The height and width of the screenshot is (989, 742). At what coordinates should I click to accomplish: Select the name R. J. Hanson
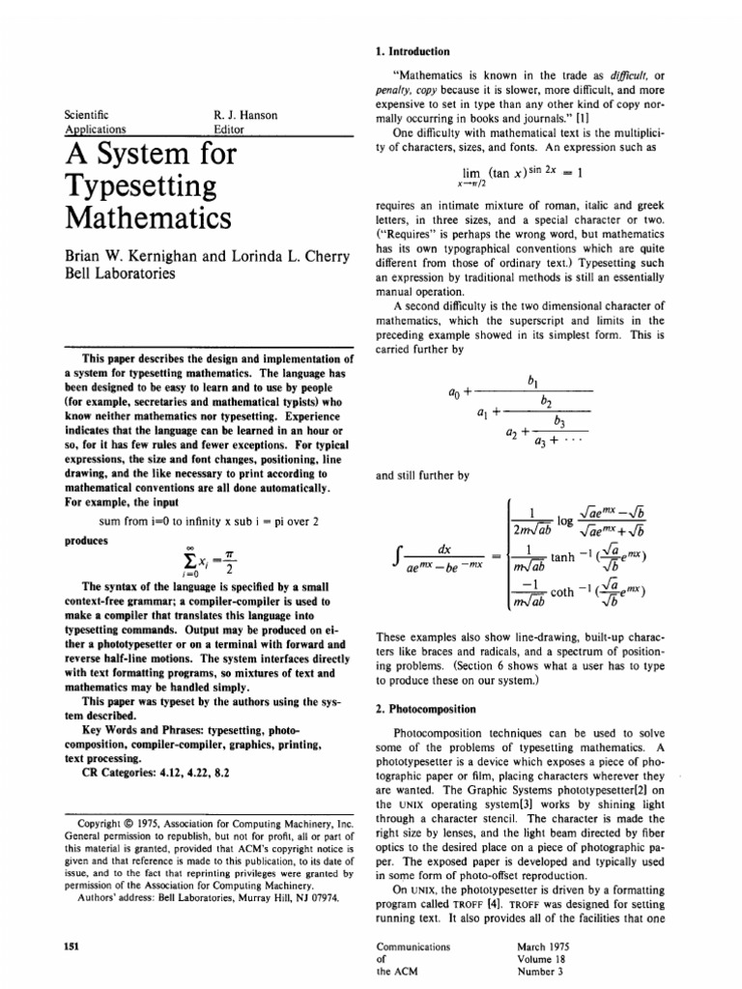[x=245, y=115]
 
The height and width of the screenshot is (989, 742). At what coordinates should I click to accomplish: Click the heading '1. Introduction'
[x=411, y=50]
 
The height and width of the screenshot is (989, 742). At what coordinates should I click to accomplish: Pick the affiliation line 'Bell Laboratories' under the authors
[x=119, y=273]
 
